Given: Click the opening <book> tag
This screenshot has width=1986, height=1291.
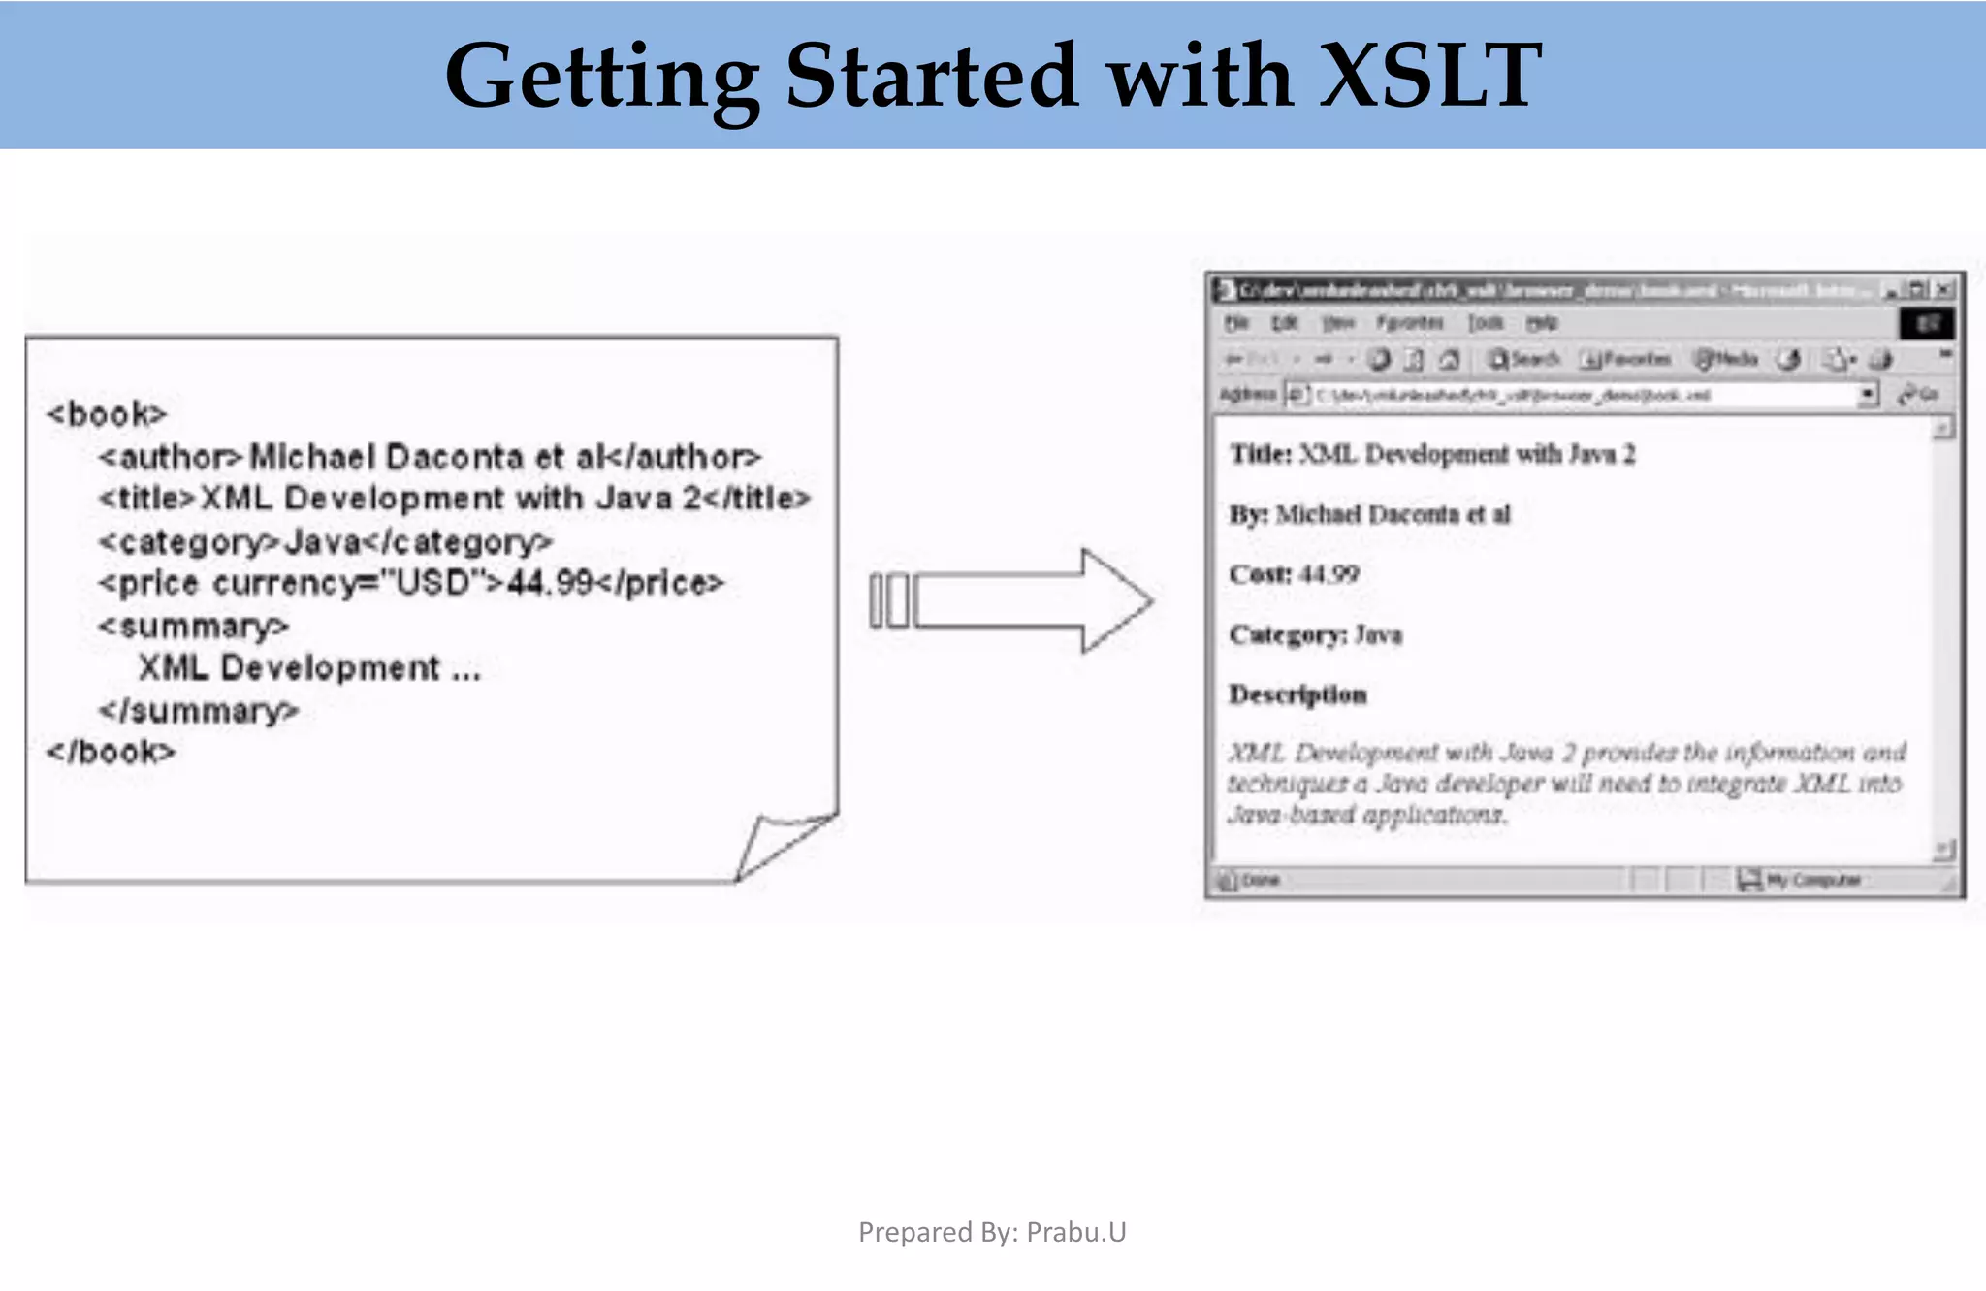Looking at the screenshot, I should point(107,414).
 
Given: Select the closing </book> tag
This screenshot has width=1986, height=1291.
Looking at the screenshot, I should point(112,752).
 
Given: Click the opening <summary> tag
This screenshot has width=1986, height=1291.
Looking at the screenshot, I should point(193,626).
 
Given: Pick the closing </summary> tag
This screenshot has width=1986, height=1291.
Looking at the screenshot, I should point(198,711).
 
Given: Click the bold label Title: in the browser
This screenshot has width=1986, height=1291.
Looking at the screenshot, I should point(1261,454).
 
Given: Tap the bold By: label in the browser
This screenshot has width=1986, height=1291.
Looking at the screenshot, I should point(1248,514).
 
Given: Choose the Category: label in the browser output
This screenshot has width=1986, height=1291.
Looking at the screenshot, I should point(1287,634).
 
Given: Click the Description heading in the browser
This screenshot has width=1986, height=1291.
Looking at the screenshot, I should point(1297,694).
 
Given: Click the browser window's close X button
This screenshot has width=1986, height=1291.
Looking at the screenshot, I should point(1943,289).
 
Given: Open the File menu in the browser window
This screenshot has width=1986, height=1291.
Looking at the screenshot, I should point(1235,322).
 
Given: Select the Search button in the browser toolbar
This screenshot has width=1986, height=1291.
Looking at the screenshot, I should point(1524,359).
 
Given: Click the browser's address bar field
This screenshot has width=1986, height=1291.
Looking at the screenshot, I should point(1590,395).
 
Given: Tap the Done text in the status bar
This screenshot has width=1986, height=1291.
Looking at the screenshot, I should point(1260,880).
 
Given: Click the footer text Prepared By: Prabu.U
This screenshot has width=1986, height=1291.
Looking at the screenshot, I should point(992,1232).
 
